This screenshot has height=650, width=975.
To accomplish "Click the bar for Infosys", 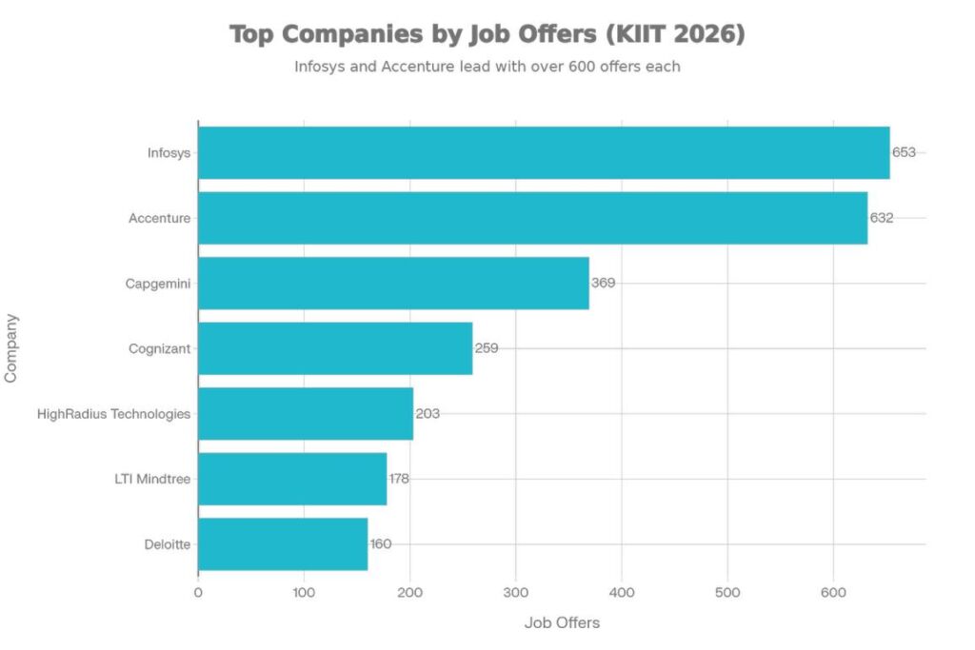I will point(543,152).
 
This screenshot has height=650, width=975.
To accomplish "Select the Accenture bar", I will point(532,218).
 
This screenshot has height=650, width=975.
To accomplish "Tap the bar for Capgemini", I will point(393,283).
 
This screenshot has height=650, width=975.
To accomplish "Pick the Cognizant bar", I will point(335,348).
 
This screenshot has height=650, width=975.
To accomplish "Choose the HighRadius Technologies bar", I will point(306,414).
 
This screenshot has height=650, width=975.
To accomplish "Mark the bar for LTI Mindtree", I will point(292,479).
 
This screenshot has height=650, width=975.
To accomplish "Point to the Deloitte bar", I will point(283,544).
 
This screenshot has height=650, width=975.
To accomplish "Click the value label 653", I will point(904,152).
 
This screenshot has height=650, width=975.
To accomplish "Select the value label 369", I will point(603,283).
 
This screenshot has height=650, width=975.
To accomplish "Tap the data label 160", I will point(381,544).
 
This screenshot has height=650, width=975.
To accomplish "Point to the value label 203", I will point(428,414).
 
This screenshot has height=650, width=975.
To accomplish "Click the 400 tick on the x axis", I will point(622,591).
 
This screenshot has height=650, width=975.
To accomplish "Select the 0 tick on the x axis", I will point(198,591).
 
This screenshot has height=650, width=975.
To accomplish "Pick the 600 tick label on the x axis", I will point(833,591).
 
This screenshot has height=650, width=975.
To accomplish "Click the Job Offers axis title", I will point(562,623).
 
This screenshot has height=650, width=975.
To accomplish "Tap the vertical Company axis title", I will point(11,348).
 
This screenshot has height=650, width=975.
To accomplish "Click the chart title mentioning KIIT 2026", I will point(487,35).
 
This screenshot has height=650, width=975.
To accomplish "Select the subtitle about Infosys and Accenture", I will point(487,68).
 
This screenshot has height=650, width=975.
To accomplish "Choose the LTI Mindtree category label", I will point(152,479).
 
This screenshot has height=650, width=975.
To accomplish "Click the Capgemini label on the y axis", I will point(157,283).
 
